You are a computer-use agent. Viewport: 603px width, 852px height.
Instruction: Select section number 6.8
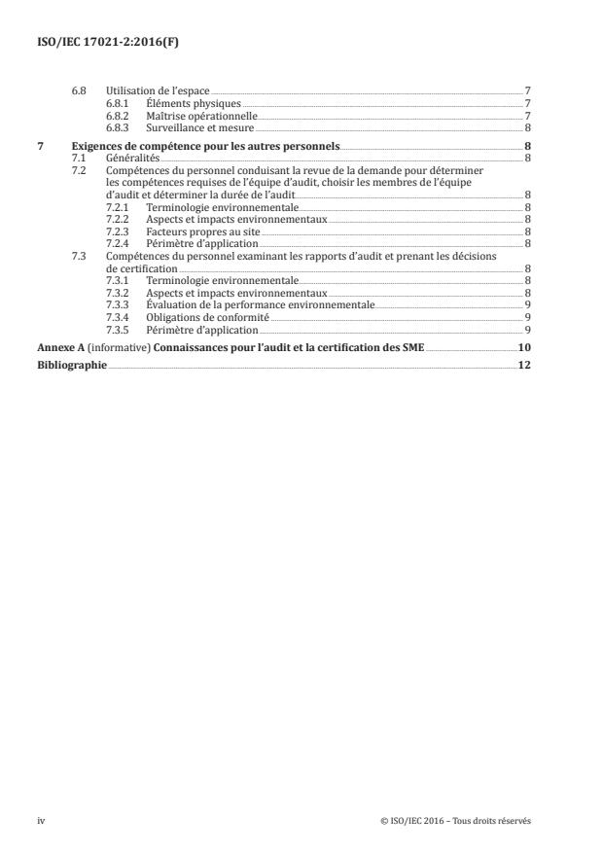(81, 90)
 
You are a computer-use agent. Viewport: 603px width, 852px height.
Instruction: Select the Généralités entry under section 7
(132, 157)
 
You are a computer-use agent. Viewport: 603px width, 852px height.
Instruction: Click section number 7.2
(81, 169)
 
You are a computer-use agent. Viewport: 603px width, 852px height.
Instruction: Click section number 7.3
(81, 256)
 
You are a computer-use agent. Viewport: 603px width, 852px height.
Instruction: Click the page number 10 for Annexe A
(523, 347)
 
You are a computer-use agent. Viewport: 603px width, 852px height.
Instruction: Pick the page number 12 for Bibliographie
(523, 366)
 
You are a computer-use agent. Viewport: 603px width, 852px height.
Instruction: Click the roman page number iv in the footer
(41, 820)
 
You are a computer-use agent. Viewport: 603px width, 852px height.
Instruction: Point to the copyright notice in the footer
(456, 820)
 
